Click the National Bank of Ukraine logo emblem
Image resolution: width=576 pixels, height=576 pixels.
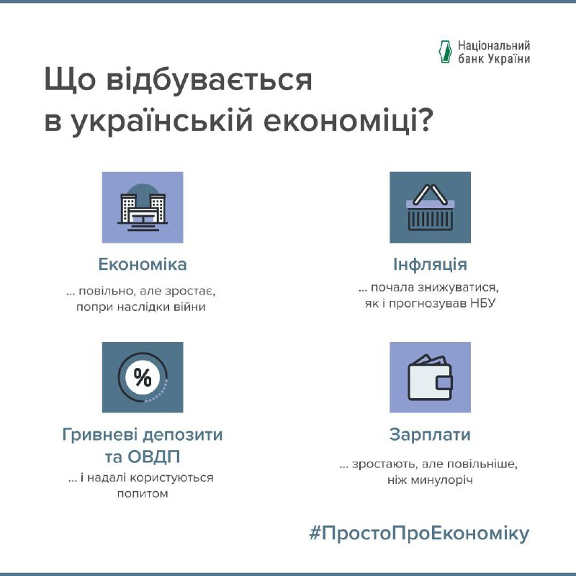(x=445, y=52)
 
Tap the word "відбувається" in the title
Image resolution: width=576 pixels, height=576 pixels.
(x=209, y=80)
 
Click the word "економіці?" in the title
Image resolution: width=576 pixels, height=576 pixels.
(x=348, y=121)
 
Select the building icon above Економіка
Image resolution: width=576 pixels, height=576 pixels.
(x=143, y=207)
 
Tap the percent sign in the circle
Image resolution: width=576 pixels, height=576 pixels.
(x=143, y=377)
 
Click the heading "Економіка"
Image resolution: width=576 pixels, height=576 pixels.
(x=143, y=264)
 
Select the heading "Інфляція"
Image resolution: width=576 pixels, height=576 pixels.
(x=430, y=264)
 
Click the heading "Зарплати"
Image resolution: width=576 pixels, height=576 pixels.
(x=430, y=435)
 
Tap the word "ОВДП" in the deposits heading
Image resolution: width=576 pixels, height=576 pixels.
(x=153, y=457)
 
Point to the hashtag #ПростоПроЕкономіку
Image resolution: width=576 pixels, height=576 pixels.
(x=419, y=534)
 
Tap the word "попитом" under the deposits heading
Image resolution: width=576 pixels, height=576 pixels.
(x=143, y=494)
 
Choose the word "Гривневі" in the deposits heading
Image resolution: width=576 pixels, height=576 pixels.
(x=99, y=435)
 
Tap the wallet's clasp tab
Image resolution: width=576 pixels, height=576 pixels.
(x=444, y=382)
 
